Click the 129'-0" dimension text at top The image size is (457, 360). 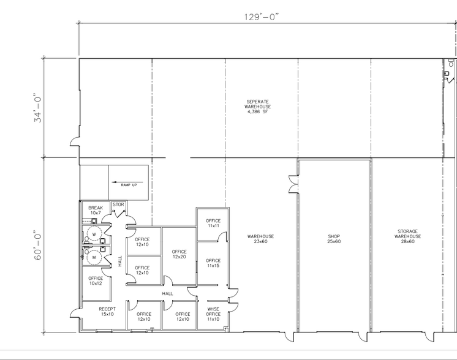tap(261, 17)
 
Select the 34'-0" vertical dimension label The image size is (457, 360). tap(38, 108)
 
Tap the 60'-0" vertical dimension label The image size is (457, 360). tap(38, 246)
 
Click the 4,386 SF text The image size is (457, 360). tap(257, 112)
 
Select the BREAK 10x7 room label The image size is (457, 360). tap(96, 211)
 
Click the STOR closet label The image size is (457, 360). tap(118, 205)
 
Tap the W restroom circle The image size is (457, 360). tap(94, 233)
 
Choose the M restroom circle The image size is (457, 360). tap(94, 258)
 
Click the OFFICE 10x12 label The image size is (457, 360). tap(96, 280)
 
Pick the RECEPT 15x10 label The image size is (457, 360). tap(107, 312)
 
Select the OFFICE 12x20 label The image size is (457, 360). tap(179, 254)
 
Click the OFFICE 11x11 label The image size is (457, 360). tap(213, 223)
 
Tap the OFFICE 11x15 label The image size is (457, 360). tap(213, 263)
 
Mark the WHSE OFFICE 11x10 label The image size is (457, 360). tap(213, 315)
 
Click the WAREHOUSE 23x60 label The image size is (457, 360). tap(260, 239)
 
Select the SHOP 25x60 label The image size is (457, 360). tap(334, 239)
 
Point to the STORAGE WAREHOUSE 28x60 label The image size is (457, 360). tap(407, 236)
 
